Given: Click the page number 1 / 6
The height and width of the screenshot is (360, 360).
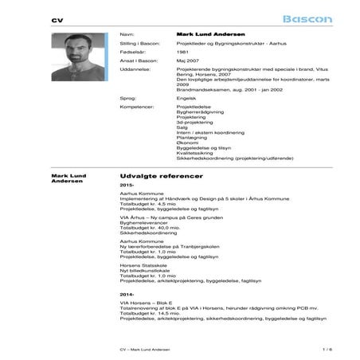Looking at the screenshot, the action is pyautogui.click(x=305, y=349).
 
